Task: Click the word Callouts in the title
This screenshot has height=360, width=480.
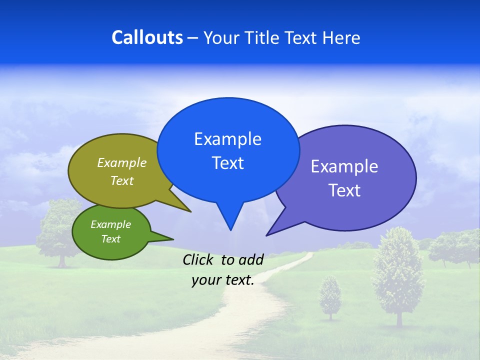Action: click(x=147, y=37)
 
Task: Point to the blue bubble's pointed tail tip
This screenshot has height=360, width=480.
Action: click(x=230, y=229)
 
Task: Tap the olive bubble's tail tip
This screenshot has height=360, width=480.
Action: click(x=190, y=211)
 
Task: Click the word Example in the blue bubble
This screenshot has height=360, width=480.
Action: click(x=227, y=139)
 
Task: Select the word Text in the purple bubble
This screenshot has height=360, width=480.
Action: click(x=344, y=190)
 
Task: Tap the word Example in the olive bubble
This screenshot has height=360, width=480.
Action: click(x=121, y=162)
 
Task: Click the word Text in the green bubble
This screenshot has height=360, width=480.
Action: click(x=110, y=239)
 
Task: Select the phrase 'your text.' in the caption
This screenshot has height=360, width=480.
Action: click(x=222, y=280)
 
